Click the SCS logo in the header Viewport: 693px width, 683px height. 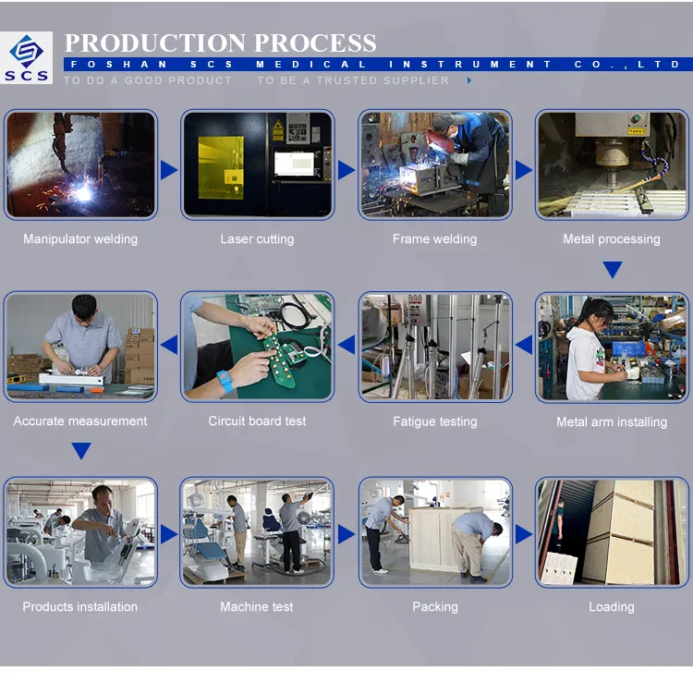click(x=27, y=58)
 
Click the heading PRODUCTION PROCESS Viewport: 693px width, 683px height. click(x=220, y=43)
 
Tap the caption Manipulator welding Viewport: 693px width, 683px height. click(x=80, y=239)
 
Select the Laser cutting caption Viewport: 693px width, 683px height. click(x=257, y=239)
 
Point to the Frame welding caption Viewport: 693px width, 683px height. click(x=434, y=239)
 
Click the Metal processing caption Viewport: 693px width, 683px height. click(x=612, y=239)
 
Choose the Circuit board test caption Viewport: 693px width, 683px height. click(x=257, y=421)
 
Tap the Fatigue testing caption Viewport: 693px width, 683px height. click(x=434, y=421)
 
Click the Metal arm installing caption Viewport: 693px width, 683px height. click(x=612, y=422)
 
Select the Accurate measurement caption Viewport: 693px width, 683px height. click(x=80, y=421)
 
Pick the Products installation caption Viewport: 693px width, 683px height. click(x=80, y=607)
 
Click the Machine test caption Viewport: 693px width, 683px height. click(x=257, y=607)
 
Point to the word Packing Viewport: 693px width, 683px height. click(x=434, y=607)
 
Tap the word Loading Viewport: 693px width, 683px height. click(x=612, y=607)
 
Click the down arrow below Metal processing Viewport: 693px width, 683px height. click(x=612, y=270)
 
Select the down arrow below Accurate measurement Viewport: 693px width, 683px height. click(x=81, y=451)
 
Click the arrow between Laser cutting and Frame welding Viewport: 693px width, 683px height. click(x=346, y=170)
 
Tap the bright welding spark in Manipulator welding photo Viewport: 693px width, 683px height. click(x=85, y=191)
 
